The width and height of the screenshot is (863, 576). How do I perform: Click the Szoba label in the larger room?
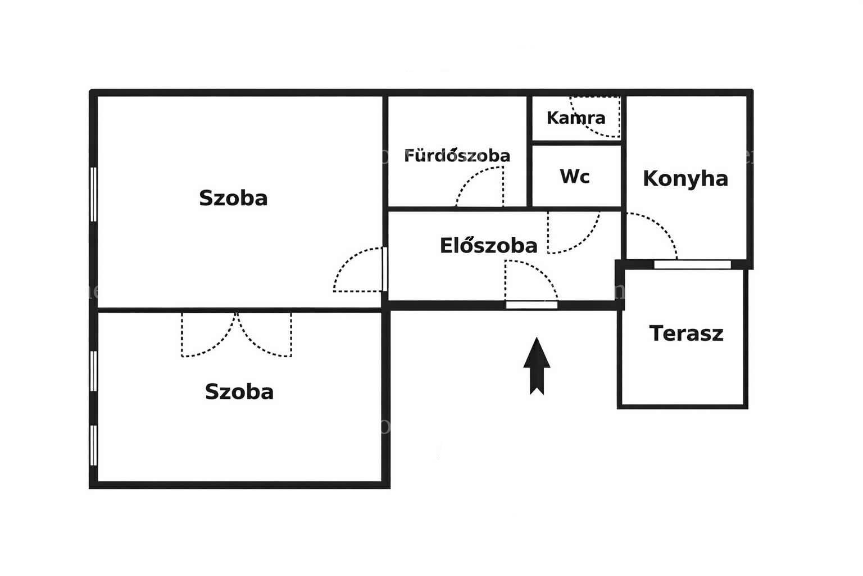point(233,198)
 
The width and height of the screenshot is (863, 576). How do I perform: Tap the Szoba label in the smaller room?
point(239,391)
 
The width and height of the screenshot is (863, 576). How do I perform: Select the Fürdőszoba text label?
point(457,155)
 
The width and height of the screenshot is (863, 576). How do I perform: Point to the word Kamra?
point(576,118)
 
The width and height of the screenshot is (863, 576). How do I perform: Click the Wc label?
point(574,176)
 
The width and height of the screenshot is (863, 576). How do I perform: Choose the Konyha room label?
point(685,179)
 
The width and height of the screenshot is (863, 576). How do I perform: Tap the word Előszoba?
point(488,245)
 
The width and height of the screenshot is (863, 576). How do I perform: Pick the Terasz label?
point(686,334)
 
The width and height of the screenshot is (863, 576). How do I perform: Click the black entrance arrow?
point(537,366)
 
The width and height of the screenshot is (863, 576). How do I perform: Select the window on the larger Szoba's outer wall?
point(93,195)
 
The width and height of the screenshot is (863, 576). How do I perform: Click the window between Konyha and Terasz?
point(692,265)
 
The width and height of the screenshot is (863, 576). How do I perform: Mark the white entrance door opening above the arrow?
point(532,305)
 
